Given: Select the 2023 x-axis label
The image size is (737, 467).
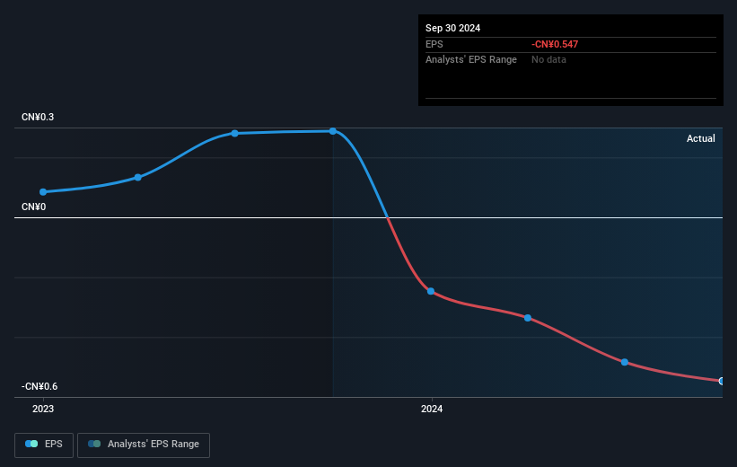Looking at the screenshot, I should pyautogui.click(x=43, y=410).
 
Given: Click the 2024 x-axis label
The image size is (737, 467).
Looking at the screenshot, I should pyautogui.click(x=432, y=410).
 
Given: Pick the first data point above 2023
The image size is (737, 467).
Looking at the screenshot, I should pyautogui.click(x=43, y=191).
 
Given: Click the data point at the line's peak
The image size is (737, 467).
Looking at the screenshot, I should pyautogui.click(x=333, y=131).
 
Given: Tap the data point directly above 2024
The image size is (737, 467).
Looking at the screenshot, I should pyautogui.click(x=431, y=291).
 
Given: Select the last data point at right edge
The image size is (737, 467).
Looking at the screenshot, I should pyautogui.click(x=721, y=381).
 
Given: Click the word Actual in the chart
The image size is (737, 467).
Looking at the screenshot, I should pyautogui.click(x=700, y=138).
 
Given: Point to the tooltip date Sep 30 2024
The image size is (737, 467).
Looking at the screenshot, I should pyautogui.click(x=453, y=28).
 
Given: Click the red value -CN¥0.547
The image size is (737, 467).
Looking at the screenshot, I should pyautogui.click(x=556, y=43).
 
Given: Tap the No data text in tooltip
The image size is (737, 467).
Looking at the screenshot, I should pyautogui.click(x=548, y=59).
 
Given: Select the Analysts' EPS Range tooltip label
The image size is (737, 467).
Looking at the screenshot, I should pyautogui.click(x=470, y=59).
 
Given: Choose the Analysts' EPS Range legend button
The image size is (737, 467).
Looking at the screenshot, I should pyautogui.click(x=144, y=445).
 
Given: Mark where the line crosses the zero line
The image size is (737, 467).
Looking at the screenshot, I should pyautogui.click(x=387, y=217).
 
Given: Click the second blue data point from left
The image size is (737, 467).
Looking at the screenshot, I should pyautogui.click(x=137, y=177).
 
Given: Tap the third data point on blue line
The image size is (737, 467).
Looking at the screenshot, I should pyautogui.click(x=235, y=133).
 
